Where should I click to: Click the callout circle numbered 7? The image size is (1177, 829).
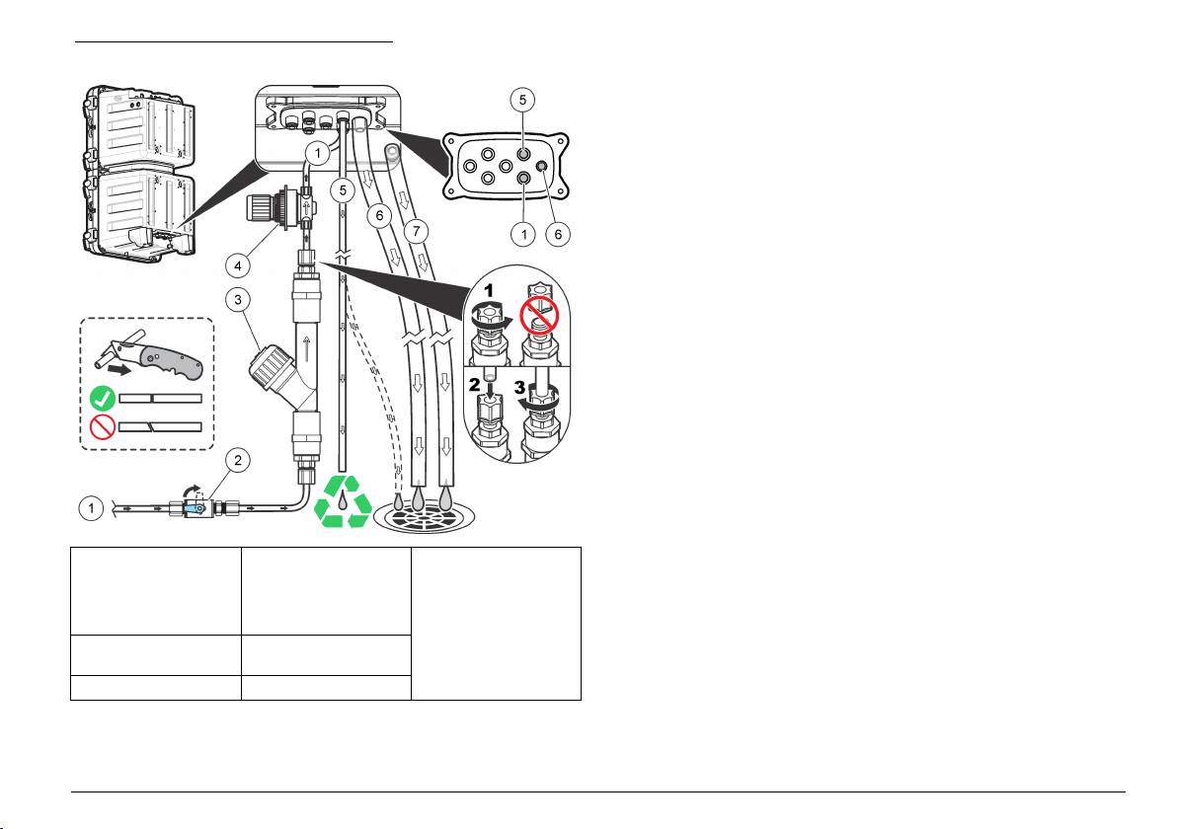click(417, 231)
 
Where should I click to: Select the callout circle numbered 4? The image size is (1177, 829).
click(238, 264)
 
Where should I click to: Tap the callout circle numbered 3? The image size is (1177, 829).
click(238, 300)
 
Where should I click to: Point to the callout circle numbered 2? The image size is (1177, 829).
click(238, 460)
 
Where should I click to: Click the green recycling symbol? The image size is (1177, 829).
click(343, 500)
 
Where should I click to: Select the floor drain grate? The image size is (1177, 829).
click(425, 517)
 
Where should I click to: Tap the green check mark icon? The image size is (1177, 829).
click(103, 398)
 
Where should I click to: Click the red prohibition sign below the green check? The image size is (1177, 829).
click(102, 427)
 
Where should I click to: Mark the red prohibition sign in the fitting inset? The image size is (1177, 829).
click(539, 315)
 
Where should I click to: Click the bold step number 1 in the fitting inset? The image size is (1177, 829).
click(488, 290)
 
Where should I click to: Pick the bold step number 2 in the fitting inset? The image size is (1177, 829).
click(474, 385)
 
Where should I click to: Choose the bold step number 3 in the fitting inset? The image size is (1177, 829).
click(520, 387)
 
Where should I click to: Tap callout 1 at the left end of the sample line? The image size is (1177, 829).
click(92, 508)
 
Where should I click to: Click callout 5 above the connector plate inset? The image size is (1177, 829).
click(522, 100)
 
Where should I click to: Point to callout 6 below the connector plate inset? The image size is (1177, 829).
click(558, 234)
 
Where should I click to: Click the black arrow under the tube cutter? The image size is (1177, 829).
click(120, 370)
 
